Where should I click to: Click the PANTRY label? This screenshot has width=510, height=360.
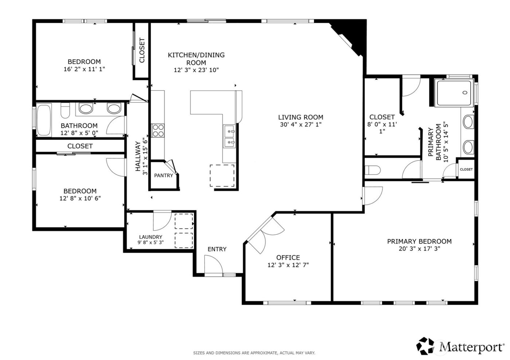(x=164, y=175)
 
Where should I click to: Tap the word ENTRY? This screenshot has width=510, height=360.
(x=217, y=249)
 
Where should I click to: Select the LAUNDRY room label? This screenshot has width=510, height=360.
(x=150, y=237)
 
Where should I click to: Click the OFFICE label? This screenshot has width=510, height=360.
(x=288, y=258)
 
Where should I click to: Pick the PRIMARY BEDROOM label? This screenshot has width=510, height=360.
(x=419, y=241)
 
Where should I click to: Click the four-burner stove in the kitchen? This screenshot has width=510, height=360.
(x=158, y=130)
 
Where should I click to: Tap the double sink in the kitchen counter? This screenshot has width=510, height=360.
(x=229, y=135)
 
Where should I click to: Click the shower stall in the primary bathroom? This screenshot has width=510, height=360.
(x=454, y=93)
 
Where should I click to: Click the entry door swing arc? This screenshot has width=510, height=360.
(x=213, y=264)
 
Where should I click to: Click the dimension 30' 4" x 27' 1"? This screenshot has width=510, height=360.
(x=301, y=124)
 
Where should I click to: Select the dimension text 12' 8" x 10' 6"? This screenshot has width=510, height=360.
(x=80, y=198)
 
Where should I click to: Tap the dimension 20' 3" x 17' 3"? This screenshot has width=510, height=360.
(x=419, y=249)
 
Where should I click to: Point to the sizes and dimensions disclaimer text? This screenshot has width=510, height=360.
(x=254, y=353)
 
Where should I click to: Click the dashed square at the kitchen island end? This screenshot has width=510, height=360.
(x=222, y=176)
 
